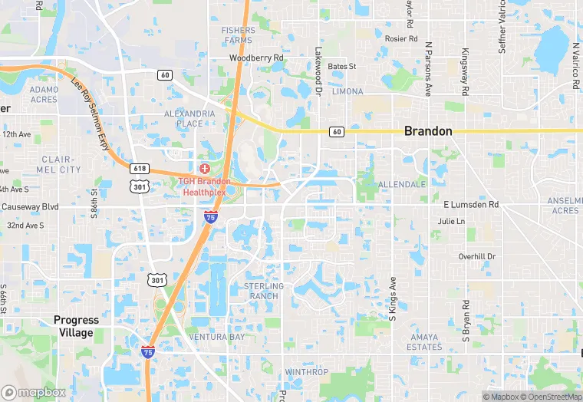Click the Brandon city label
coord(428,131)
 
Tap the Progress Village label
coord(77,326)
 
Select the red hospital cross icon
coord(205,168)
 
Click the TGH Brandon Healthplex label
coord(204,186)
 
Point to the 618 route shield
coord(140,169)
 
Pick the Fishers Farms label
coord(238,35)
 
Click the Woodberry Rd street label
coord(256,58)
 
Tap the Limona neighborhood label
coord(348,91)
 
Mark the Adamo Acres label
coord(44,94)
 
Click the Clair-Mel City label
coord(58,163)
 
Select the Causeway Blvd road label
coord(31,206)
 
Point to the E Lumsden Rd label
coord(471,205)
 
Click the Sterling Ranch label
coord(263,291)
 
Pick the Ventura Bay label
coord(218,337)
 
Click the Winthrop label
coord(306,372)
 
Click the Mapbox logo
coord(34,392)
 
